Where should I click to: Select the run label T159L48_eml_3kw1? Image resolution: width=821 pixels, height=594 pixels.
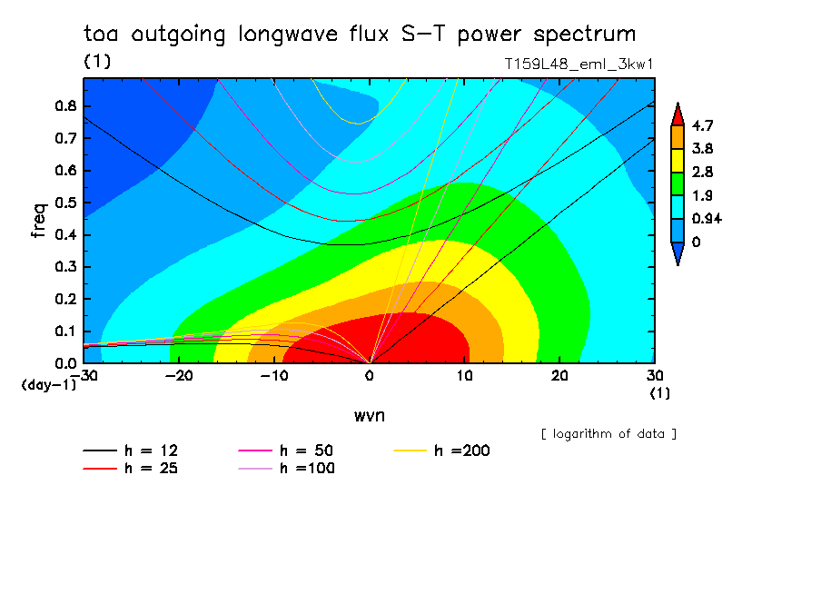[579, 64]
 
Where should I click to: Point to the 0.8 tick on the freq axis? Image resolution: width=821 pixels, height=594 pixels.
[66, 105]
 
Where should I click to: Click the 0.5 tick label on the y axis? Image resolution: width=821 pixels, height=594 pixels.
[66, 203]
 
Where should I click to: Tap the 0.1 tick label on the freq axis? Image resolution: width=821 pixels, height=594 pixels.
[66, 332]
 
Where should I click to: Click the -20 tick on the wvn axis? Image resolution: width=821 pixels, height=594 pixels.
[179, 376]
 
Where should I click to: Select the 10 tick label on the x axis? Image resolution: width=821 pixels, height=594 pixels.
[464, 376]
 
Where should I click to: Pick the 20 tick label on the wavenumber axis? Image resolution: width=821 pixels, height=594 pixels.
[559, 376]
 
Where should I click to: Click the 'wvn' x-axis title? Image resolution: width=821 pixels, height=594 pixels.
[370, 416]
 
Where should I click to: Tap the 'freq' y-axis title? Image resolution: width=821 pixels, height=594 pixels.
[39, 221]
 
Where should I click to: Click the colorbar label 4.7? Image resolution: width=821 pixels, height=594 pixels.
[702, 125]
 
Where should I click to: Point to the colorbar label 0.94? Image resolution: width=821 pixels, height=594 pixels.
[707, 218]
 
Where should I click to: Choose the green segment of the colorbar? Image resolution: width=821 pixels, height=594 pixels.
[678, 183]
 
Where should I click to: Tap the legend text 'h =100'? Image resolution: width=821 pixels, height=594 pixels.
[307, 468]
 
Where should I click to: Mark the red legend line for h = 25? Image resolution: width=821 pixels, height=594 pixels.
[100, 468]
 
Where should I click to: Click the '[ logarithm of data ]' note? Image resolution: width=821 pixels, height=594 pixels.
[608, 434]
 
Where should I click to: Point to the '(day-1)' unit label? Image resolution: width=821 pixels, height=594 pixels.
[49, 385]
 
